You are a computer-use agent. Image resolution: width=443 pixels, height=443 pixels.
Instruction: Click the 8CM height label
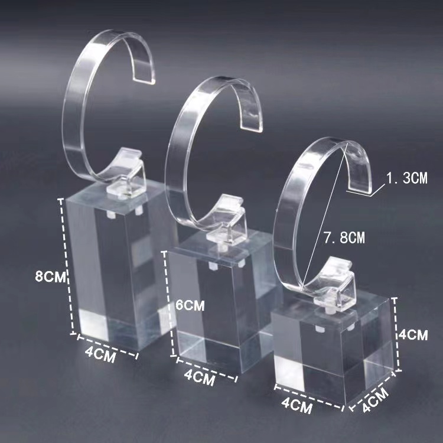point(50,276)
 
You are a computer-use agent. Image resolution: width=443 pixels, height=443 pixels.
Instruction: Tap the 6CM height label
point(190,305)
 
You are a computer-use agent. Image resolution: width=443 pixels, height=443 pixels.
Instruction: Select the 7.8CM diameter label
point(344,237)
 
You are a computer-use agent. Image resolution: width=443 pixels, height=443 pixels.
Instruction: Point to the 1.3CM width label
point(407,178)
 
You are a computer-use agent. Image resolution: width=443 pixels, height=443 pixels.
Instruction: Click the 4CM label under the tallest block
point(100,354)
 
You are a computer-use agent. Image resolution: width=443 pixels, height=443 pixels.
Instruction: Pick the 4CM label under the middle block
point(199,377)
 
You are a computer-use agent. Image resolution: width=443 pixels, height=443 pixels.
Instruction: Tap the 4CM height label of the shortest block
point(413,335)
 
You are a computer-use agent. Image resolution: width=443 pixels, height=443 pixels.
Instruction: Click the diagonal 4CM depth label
point(376,400)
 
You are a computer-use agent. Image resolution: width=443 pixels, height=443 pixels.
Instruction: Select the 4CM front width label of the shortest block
point(297,406)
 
